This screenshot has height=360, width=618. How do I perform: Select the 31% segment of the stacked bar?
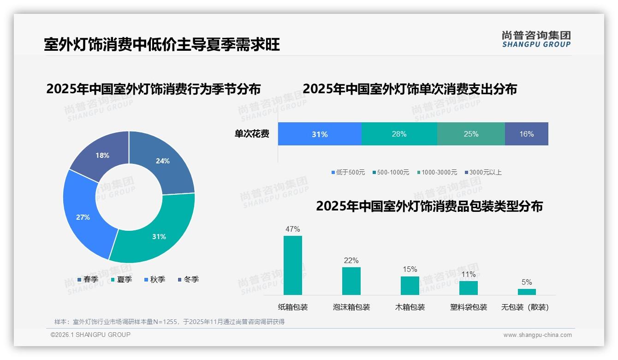pos(320,134)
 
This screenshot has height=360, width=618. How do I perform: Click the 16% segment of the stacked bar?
pos(526,134)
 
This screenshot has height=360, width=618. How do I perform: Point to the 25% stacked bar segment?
pos(471,134)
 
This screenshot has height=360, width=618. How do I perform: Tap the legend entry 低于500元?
pos(348,173)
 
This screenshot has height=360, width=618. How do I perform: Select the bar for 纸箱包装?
pos(293,265)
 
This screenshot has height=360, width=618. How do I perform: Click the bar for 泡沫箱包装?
pos(351,281)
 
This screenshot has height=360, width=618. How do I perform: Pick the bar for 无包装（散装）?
pos(527,292)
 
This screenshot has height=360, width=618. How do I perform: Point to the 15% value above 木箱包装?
pos(410,270)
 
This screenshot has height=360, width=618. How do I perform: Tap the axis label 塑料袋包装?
pos(469,307)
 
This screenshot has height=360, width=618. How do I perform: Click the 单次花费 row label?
pos(252,134)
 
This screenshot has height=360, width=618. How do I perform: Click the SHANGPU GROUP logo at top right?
pos(536,39)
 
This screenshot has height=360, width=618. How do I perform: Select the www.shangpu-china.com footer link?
pos(537,335)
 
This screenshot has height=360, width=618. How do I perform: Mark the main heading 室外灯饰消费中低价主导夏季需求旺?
pos(162,45)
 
